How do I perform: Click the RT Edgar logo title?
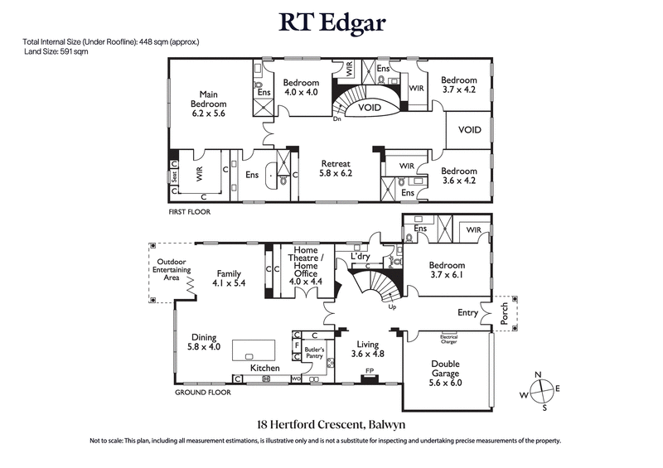(331, 22)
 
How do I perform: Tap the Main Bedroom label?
(208, 104)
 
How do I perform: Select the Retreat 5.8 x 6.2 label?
(336, 169)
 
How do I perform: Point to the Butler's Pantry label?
(315, 353)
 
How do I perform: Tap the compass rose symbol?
(539, 391)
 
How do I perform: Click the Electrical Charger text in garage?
(448, 338)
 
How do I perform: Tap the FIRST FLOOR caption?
(190, 212)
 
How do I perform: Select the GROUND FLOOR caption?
(202, 393)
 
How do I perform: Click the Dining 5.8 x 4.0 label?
(204, 343)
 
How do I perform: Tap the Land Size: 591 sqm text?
(56, 51)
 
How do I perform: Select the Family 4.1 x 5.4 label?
(228, 278)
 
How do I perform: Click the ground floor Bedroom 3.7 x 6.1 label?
(448, 271)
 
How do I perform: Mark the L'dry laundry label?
(360, 257)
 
